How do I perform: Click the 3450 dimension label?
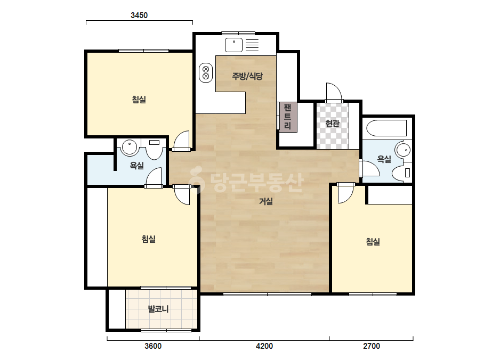(x=139, y=15)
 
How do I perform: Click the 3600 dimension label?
(x=153, y=346)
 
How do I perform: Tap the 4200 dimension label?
(x=264, y=346)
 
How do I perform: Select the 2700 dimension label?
(x=372, y=346)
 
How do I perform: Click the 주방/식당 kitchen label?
(x=247, y=76)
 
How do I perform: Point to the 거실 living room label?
(x=266, y=201)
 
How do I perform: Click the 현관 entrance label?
(x=332, y=124)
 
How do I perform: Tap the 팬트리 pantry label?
(x=287, y=117)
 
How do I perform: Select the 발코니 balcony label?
(x=158, y=309)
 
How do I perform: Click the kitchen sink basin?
(x=234, y=45)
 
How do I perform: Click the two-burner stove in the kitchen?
(x=206, y=73)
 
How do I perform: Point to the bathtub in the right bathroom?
(x=386, y=128)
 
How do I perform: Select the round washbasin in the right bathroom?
(x=403, y=150)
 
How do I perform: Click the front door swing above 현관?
(x=334, y=93)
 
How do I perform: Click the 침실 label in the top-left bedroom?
(x=139, y=100)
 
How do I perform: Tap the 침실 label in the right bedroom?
(x=373, y=241)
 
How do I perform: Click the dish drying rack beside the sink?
(x=252, y=45)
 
